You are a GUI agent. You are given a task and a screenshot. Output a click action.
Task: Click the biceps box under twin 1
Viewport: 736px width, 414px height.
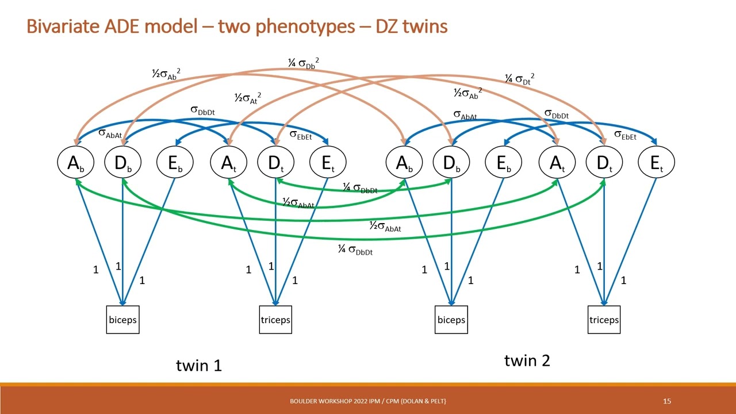[x=123, y=320]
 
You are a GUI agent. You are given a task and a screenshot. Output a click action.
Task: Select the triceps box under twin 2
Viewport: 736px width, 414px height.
[x=604, y=320]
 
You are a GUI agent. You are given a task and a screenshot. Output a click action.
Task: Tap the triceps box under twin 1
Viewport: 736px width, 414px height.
[x=275, y=320]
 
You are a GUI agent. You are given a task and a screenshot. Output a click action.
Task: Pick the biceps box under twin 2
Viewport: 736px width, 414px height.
[x=451, y=320]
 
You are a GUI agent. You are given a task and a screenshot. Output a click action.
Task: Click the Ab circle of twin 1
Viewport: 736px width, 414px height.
[x=75, y=163]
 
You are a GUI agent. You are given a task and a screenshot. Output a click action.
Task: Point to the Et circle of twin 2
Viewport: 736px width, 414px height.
[x=656, y=163]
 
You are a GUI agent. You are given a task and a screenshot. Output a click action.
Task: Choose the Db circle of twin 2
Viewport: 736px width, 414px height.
[x=451, y=163]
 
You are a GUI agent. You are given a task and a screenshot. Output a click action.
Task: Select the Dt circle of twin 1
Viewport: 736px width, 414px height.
[x=275, y=163]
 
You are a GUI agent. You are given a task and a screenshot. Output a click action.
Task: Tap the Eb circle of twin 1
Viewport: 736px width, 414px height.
[x=175, y=163]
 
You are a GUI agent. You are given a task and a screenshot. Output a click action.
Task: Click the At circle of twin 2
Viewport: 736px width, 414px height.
[x=557, y=163]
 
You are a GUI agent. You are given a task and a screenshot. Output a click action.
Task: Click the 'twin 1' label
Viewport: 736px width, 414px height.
[x=198, y=365]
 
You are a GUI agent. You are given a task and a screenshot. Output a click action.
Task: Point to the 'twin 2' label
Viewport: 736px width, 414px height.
[x=527, y=361]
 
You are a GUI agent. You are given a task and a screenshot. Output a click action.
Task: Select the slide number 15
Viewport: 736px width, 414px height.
[x=667, y=401]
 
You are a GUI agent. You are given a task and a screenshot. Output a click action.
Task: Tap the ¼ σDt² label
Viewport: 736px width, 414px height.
[x=519, y=79]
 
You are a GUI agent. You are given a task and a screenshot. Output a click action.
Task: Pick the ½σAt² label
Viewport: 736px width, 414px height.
[x=247, y=98]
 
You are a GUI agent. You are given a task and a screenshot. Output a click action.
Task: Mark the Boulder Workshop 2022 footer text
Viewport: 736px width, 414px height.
[x=368, y=401]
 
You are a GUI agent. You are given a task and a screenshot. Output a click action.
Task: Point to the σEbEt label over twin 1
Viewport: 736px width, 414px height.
[x=301, y=136]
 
